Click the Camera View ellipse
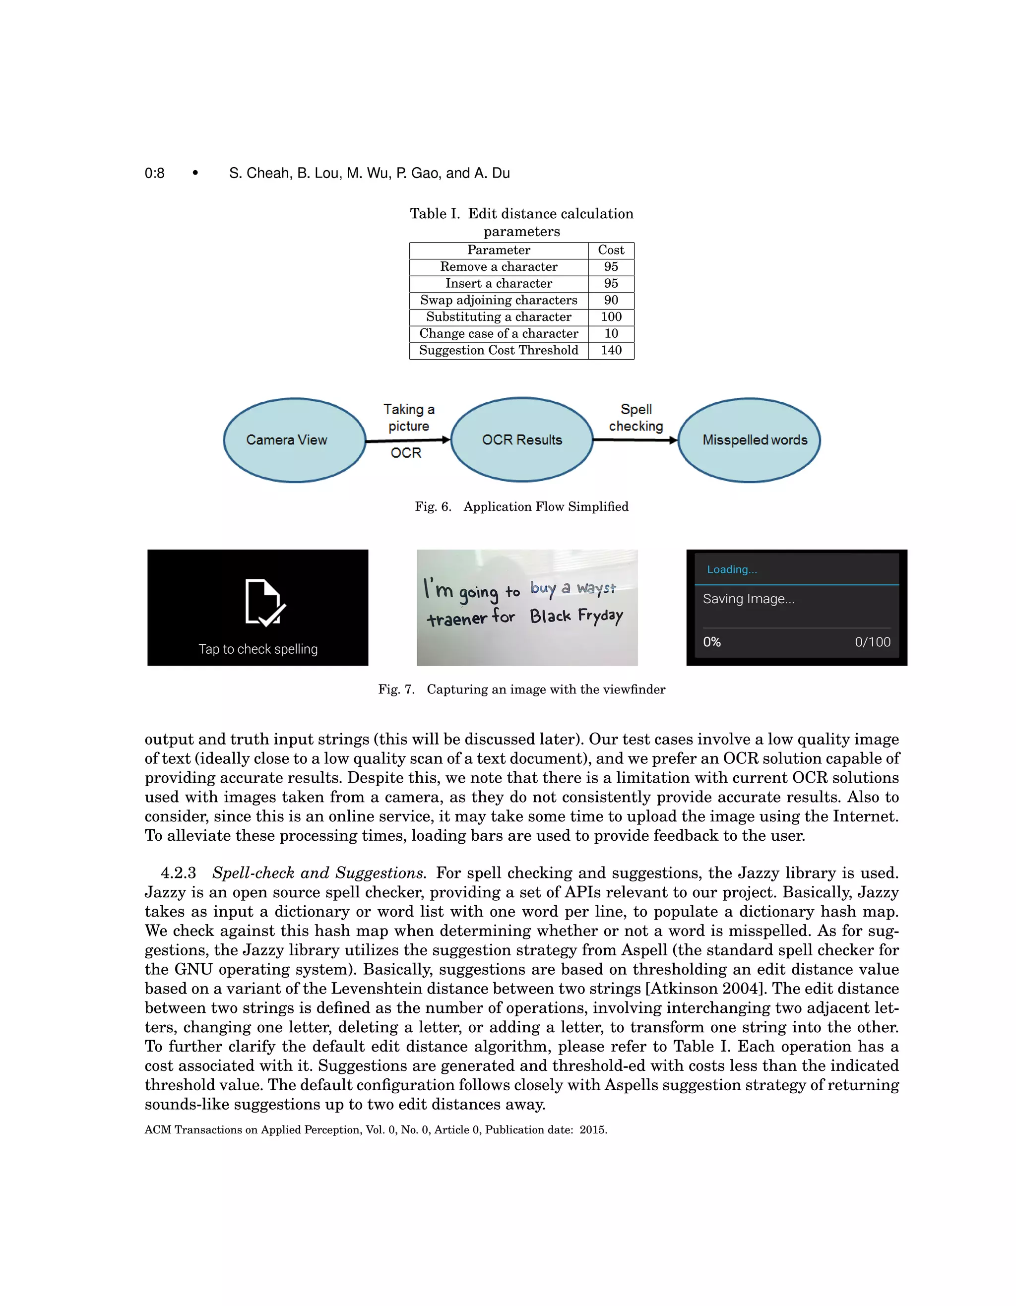[294, 440]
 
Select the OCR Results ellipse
[521, 440]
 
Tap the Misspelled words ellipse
[749, 440]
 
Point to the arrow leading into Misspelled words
[635, 440]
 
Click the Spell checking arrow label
[635, 417]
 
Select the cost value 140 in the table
[611, 350]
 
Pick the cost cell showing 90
[611, 300]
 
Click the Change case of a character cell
[498, 334]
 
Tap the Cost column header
[611, 250]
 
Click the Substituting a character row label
[498, 317]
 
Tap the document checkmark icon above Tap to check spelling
[264, 603]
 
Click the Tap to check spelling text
[258, 649]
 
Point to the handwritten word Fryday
[600, 616]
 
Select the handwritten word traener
[457, 619]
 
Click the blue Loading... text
[731, 569]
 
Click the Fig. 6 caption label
[433, 506]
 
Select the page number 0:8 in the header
[154, 174]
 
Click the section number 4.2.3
[178, 873]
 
